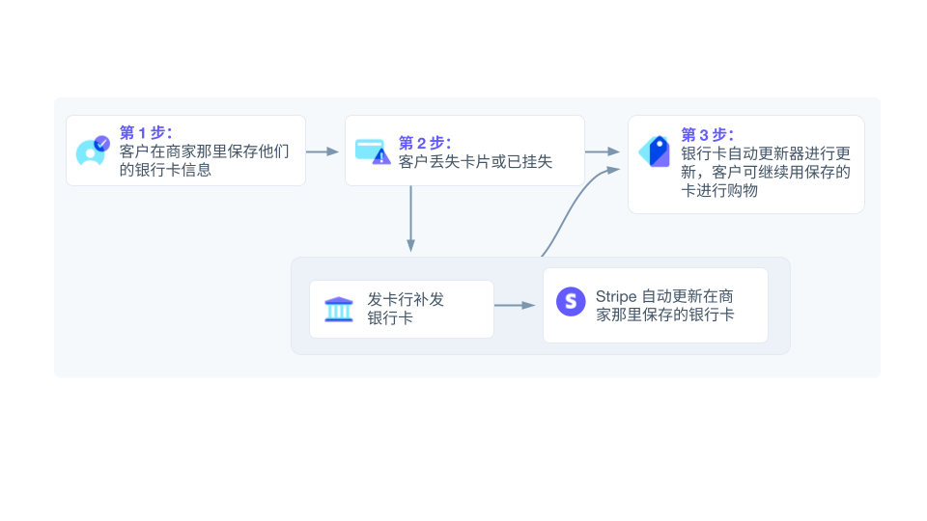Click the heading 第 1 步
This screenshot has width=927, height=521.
pyautogui.click(x=146, y=132)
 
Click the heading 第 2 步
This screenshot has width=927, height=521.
pyautogui.click(x=425, y=143)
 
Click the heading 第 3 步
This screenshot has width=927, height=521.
pyautogui.click(x=708, y=134)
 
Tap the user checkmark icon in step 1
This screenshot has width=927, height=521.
pyautogui.click(x=92, y=151)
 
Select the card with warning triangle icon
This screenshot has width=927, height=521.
pyautogui.click(x=372, y=151)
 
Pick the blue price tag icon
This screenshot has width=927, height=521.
pyautogui.click(x=655, y=151)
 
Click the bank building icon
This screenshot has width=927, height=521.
pyautogui.click(x=339, y=310)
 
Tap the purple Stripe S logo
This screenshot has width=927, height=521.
pyautogui.click(x=571, y=301)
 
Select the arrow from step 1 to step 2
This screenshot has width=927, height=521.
pyautogui.click(x=323, y=151)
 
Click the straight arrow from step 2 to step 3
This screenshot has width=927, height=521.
pyautogui.click(x=603, y=151)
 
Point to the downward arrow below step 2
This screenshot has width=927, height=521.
pyautogui.click(x=411, y=219)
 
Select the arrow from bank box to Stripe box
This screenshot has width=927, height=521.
pyautogui.click(x=516, y=306)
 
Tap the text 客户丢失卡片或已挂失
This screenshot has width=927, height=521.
pyautogui.click(x=475, y=161)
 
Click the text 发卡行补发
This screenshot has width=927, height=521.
pyautogui.click(x=406, y=299)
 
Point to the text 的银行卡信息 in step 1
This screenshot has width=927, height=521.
pyautogui.click(x=165, y=170)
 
